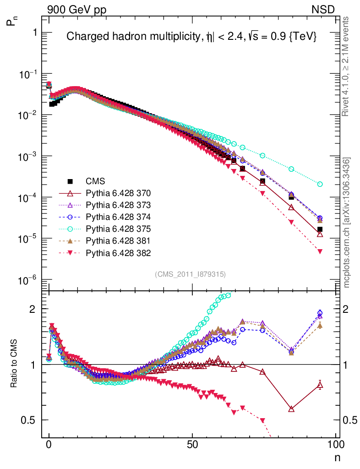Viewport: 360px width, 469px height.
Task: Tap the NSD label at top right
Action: click(324, 9)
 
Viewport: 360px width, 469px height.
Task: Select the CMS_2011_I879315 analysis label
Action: click(190, 274)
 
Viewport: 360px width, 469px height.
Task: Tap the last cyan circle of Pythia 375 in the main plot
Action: click(320, 184)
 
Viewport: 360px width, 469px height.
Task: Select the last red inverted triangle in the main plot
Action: click(320, 251)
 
